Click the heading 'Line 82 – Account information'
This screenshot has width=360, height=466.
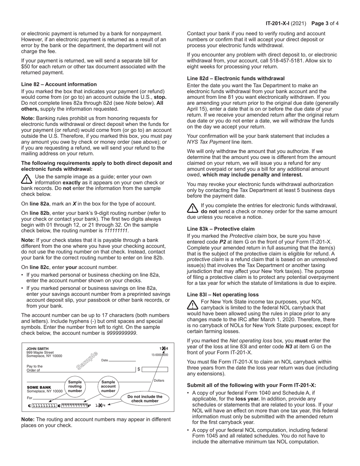coord(59,84)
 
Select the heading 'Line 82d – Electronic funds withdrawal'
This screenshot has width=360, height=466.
coord(236,78)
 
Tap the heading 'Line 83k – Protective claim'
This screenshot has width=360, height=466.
coord(221,229)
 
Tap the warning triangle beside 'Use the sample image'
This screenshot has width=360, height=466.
coord(27,179)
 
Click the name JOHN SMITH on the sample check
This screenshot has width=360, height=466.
coord(38,349)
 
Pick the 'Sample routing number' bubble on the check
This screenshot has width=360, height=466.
coord(75,386)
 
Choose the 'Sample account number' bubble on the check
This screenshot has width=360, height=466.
coord(108,386)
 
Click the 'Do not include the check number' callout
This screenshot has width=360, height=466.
coord(145,399)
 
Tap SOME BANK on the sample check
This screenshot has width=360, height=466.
coord(39,387)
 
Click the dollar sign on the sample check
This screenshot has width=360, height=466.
coord(139,369)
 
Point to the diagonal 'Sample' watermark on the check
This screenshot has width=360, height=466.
coord(87,360)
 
